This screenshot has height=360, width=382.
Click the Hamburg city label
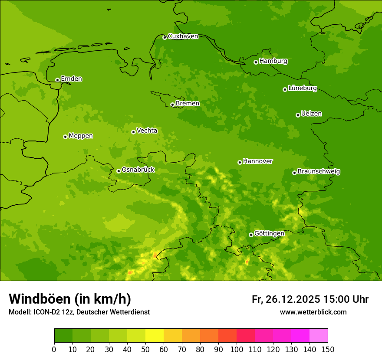pyautogui.click(x=273, y=61)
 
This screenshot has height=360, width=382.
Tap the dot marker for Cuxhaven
pyautogui.click(x=165, y=37)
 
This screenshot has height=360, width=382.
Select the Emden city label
pyautogui.click(x=71, y=79)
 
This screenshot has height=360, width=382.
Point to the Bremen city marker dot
pyautogui.click(x=172, y=105)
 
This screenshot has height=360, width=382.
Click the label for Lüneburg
pyautogui.click(x=302, y=88)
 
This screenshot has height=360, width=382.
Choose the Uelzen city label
pyautogui.click(x=311, y=114)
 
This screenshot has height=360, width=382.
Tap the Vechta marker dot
pyautogui.click(x=133, y=132)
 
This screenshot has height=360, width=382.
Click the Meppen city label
pyautogui.click(x=81, y=136)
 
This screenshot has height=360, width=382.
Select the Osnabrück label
pyautogui.click(x=138, y=170)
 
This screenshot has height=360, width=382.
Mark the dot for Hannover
pyautogui.click(x=240, y=162)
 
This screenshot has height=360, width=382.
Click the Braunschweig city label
pyautogui.click(x=319, y=172)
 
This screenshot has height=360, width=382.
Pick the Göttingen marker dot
pyautogui.click(x=251, y=235)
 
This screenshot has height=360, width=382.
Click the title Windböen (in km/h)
pyautogui.click(x=70, y=299)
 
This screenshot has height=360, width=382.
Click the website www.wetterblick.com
pyautogui.click(x=313, y=312)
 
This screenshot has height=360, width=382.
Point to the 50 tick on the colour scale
pyautogui.click(x=145, y=349)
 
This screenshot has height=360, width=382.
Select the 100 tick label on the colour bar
pyautogui.click(x=237, y=349)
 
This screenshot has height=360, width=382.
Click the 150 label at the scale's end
pyautogui.click(x=328, y=349)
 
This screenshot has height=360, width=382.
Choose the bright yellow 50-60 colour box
pyautogui.click(x=155, y=336)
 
